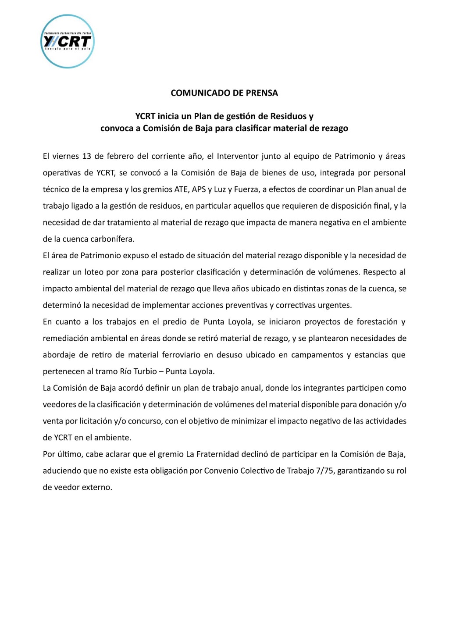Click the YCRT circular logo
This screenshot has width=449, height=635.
tap(68, 42)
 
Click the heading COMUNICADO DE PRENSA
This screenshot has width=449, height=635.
tap(224, 93)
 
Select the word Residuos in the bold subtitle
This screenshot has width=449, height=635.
tap(288, 116)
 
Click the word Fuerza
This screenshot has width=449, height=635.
tap(246, 189)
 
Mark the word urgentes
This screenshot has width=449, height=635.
tap(336, 305)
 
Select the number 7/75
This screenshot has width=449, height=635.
tap(324, 471)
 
